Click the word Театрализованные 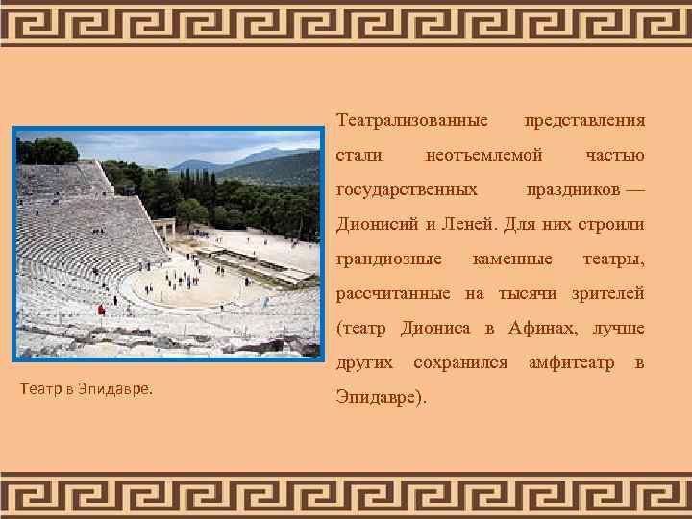coord(411,121)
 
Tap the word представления coord(583,121)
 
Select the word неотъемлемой coord(483,156)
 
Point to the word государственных coord(407,190)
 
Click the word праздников coord(573,190)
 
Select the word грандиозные coord(388,259)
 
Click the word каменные coord(512,259)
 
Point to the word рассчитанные coord(394,294)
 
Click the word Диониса coord(434,329)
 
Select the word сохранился coord(459,363)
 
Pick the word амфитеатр coord(572,363)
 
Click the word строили coord(610,225)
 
